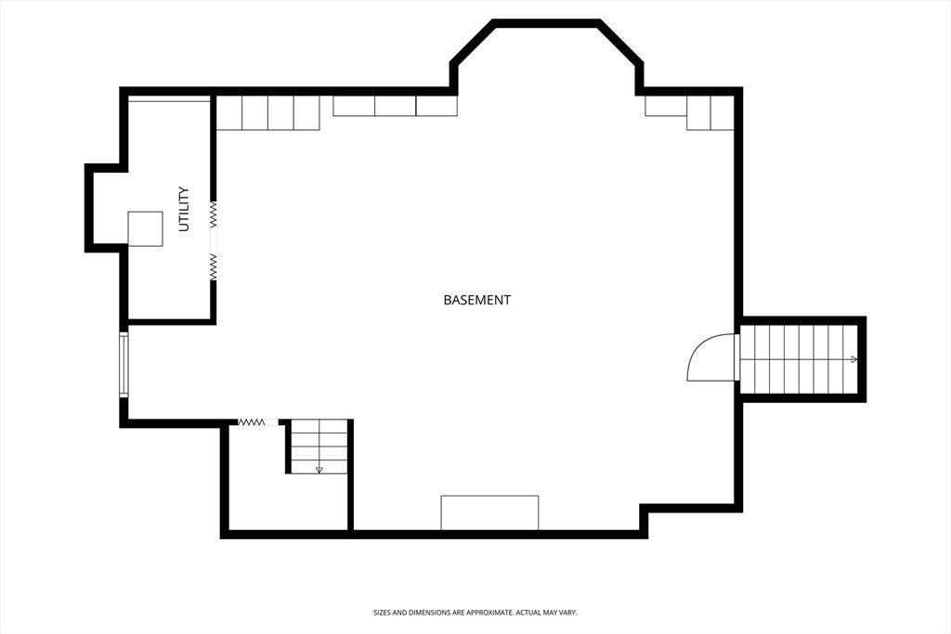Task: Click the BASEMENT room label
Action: pyautogui.click(x=476, y=300)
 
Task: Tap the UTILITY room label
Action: pyautogui.click(x=184, y=209)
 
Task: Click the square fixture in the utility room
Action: pyautogui.click(x=145, y=228)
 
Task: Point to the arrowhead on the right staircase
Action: pyautogui.click(x=853, y=359)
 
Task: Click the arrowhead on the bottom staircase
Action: pyautogui.click(x=319, y=470)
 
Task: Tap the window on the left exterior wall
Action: pyautogui.click(x=124, y=364)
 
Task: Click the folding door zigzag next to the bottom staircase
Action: pyautogui.click(x=251, y=421)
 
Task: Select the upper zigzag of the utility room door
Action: pyautogui.click(x=214, y=214)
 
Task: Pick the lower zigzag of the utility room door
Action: pyautogui.click(x=214, y=266)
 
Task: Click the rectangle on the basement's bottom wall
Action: pyautogui.click(x=489, y=512)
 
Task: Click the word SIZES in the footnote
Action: pyautogui.click(x=382, y=613)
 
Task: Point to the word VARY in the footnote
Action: pyautogui.click(x=568, y=613)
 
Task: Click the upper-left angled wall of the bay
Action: pyautogui.click(x=473, y=42)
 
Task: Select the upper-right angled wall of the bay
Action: pyautogui.click(x=620, y=42)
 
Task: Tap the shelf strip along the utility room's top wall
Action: pyautogui.click(x=169, y=98)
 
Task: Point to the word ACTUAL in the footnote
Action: pyautogui.click(x=528, y=613)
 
